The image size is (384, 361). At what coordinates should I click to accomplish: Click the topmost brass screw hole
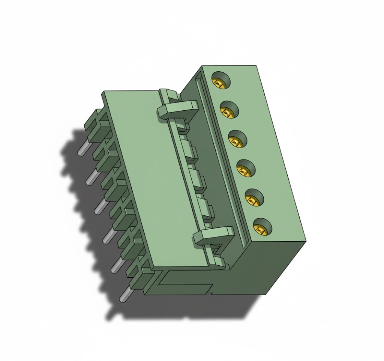click(x=220, y=81)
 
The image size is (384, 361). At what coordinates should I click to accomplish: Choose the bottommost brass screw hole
click(x=262, y=227)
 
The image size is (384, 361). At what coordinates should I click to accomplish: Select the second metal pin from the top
click(x=91, y=178)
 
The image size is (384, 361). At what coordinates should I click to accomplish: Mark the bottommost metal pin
click(x=124, y=295)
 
